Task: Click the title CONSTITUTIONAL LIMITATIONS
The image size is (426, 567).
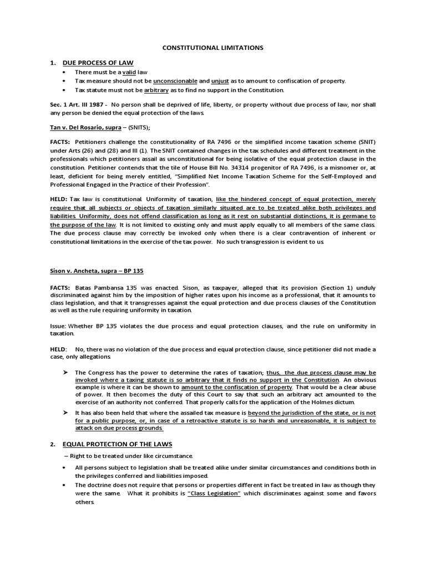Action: click(212, 48)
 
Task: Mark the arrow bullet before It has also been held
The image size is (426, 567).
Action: click(65, 413)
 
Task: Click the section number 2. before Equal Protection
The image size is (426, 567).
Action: click(53, 444)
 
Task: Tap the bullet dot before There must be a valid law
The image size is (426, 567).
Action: click(65, 73)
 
